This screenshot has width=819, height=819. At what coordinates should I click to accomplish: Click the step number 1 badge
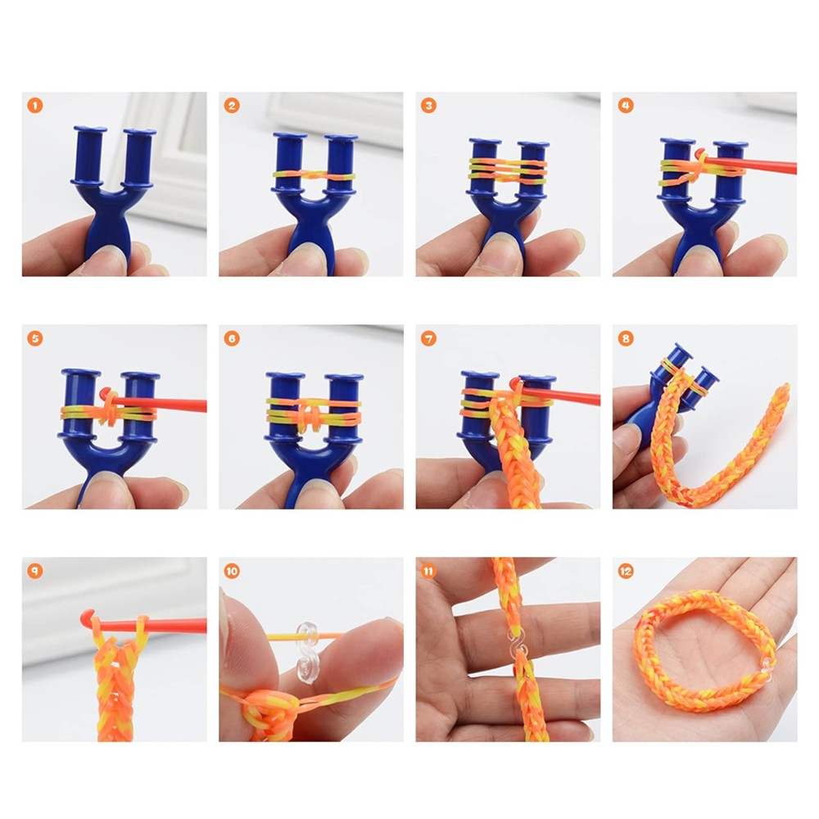34,106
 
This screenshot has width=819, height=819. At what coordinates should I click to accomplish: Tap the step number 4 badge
626,106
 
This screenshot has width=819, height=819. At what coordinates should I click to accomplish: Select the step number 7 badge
428,338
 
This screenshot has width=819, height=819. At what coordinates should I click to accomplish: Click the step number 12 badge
626,571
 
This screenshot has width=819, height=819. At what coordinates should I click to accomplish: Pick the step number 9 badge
34,571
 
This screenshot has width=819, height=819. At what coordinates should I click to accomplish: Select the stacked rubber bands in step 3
508,170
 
